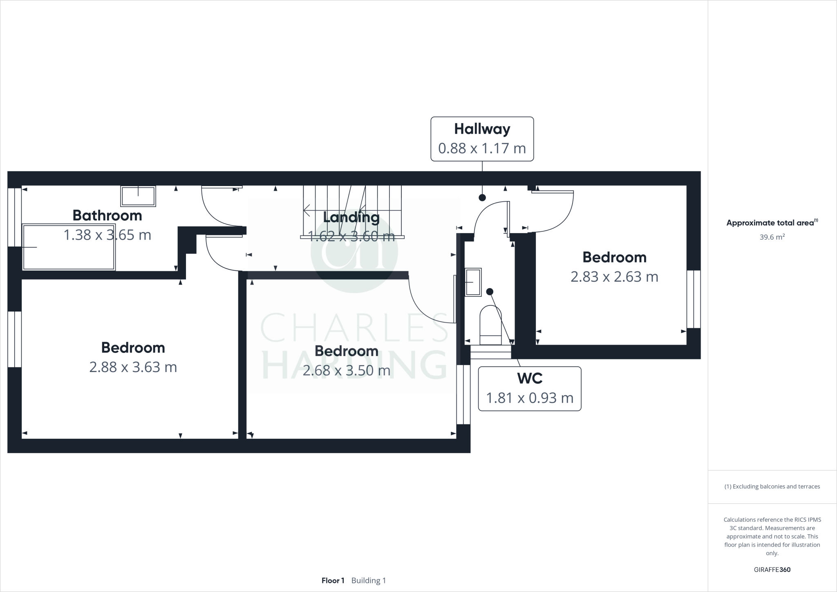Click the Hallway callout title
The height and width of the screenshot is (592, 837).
(x=482, y=129)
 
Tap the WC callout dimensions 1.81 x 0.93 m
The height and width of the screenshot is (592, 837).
(x=529, y=398)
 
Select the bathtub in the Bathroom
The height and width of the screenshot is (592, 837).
(x=69, y=247)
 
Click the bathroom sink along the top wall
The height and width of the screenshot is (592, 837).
(x=138, y=196)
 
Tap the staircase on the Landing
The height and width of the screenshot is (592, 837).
(x=352, y=211)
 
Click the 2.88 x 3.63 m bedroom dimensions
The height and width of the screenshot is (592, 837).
(x=133, y=367)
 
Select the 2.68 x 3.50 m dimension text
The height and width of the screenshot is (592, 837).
(x=346, y=370)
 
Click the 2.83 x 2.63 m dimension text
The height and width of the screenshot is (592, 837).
(x=614, y=277)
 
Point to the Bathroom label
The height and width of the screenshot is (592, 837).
(x=107, y=215)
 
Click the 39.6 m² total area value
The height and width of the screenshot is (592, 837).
(x=772, y=237)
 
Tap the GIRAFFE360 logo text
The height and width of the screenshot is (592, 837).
(x=772, y=570)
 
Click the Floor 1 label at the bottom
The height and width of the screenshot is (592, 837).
(x=333, y=581)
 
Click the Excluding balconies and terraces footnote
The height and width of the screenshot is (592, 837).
(x=772, y=487)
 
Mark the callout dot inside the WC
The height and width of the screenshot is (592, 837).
(x=490, y=292)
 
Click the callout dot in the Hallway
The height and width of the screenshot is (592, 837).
(x=482, y=197)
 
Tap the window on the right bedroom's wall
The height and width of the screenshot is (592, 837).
(x=693, y=299)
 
